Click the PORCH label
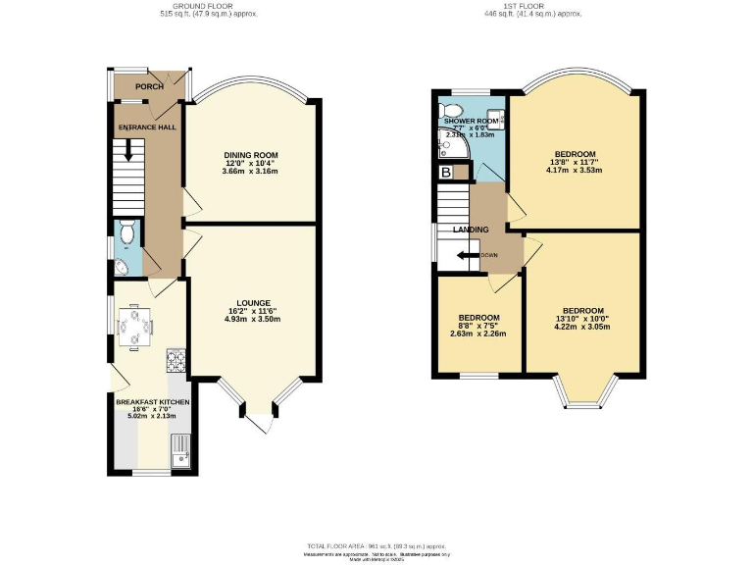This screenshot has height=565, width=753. click(x=149, y=86)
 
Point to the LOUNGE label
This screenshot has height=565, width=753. click(x=252, y=302)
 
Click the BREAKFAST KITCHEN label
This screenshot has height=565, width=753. click(x=153, y=402)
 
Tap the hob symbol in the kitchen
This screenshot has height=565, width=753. click(x=176, y=362)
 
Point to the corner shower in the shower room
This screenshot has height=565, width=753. click(x=450, y=146)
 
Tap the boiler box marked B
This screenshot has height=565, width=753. click(x=446, y=173)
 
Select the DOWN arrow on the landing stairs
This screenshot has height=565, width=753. click(x=478, y=255)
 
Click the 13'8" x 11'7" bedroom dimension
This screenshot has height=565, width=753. click(x=575, y=163)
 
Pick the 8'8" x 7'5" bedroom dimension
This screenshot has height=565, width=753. click(x=479, y=327)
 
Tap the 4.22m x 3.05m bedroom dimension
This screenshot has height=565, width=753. click(x=582, y=327)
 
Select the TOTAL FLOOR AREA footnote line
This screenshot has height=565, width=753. click(x=376, y=544)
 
